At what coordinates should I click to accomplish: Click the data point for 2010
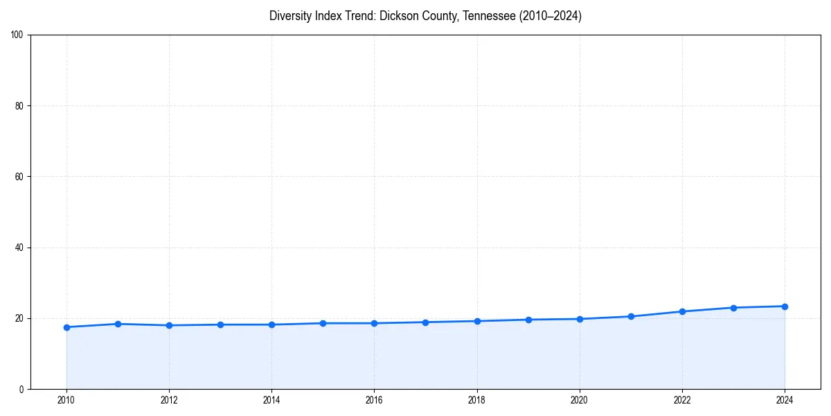click(66, 327)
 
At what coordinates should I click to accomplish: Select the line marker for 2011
click(118, 324)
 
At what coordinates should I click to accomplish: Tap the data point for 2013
click(220, 324)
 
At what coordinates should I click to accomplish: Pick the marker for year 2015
click(323, 323)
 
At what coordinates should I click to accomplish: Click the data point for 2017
click(425, 322)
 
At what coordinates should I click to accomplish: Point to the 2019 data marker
click(528, 320)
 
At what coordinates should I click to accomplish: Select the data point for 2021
click(631, 316)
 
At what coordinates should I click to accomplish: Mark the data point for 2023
click(733, 308)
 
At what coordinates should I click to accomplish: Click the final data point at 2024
click(785, 306)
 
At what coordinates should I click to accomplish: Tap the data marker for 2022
click(682, 311)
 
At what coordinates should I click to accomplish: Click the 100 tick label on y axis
click(17, 35)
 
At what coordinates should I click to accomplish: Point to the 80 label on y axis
click(19, 106)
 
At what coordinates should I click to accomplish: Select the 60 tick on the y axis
click(19, 177)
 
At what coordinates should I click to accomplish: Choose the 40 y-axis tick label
click(19, 248)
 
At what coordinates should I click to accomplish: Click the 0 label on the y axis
click(21, 389)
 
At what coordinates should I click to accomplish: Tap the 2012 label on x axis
click(169, 400)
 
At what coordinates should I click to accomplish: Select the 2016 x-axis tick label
click(374, 400)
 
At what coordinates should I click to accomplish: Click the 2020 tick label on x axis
click(580, 400)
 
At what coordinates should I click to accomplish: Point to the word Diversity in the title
click(289, 16)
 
